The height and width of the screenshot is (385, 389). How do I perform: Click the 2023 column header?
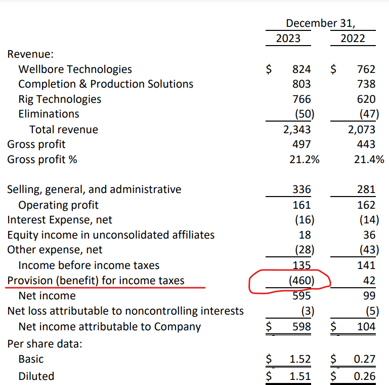click(x=288, y=38)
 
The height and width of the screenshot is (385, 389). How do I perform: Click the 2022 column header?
click(x=353, y=38)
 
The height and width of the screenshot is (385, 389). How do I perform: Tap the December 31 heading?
click(x=321, y=23)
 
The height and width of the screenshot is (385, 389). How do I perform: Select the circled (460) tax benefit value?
click(x=301, y=281)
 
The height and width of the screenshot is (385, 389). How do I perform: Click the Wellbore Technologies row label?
click(x=75, y=69)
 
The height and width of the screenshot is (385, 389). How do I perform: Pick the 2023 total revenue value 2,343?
click(x=297, y=130)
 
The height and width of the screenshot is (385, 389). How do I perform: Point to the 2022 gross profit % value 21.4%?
click(x=369, y=160)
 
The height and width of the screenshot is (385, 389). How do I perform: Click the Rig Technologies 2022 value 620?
click(x=366, y=99)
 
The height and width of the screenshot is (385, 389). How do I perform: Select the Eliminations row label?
click(x=49, y=114)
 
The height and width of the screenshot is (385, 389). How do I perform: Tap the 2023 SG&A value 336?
click(x=301, y=189)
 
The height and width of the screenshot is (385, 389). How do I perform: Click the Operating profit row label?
click(x=58, y=205)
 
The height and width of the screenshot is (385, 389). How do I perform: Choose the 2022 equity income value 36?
click(x=369, y=235)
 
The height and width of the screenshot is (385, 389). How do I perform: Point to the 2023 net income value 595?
click(x=301, y=296)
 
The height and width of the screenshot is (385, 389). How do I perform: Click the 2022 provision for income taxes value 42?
click(x=369, y=281)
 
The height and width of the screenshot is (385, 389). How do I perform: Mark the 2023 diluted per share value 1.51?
click(x=300, y=376)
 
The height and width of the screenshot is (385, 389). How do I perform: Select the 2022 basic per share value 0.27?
click(x=364, y=359)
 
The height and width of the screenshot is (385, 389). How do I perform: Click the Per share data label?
click(x=45, y=344)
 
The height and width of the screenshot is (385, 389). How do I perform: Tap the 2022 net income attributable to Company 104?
click(x=366, y=327)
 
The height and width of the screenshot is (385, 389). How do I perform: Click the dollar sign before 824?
click(x=269, y=69)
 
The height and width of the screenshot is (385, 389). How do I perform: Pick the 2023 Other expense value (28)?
click(x=305, y=250)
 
